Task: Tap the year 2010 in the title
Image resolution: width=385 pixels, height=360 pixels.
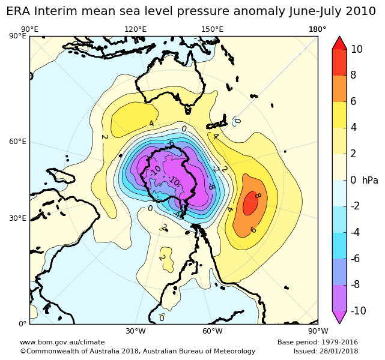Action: pyautogui.click(x=358, y=12)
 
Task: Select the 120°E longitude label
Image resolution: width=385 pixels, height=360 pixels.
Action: pyautogui.click(x=135, y=29)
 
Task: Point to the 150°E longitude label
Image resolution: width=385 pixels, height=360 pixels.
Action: pyautogui.click(x=212, y=29)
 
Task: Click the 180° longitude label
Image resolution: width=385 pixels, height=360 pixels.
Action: pyautogui.click(x=317, y=29)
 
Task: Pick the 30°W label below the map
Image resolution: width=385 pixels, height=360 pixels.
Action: pyautogui.click(x=136, y=331)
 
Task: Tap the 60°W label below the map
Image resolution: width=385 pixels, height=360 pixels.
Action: pyautogui.click(x=213, y=331)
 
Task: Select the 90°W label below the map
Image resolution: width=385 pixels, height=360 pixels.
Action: pyautogui.click(x=318, y=331)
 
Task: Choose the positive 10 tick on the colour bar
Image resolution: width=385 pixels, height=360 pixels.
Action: pyautogui.click(x=357, y=49)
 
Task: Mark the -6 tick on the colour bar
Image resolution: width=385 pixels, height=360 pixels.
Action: pyautogui.click(x=357, y=258)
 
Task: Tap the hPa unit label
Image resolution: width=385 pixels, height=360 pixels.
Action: pyautogui.click(x=370, y=180)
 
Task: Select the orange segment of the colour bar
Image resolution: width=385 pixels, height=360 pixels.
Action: pyautogui.click(x=339, y=88)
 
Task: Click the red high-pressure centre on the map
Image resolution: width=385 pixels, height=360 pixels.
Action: pyautogui.click(x=250, y=204)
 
